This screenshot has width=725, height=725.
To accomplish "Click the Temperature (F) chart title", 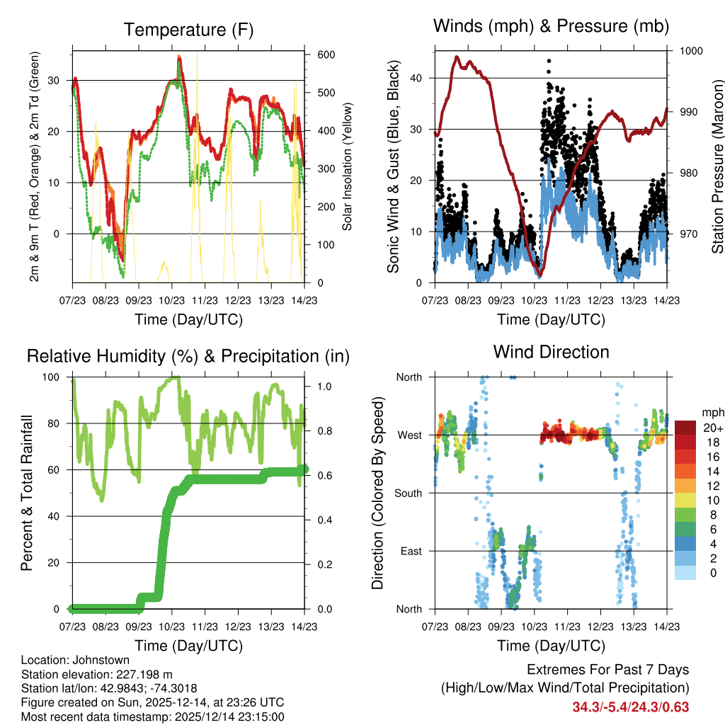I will (188, 30).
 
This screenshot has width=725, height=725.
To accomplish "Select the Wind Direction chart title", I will (551, 352).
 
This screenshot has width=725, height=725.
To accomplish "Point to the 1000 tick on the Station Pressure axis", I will (690, 51).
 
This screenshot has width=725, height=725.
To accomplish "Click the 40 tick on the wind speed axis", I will (418, 78).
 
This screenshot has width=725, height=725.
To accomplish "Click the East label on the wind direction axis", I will (411, 551).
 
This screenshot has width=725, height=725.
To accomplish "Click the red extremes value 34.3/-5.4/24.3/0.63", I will (630, 707).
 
